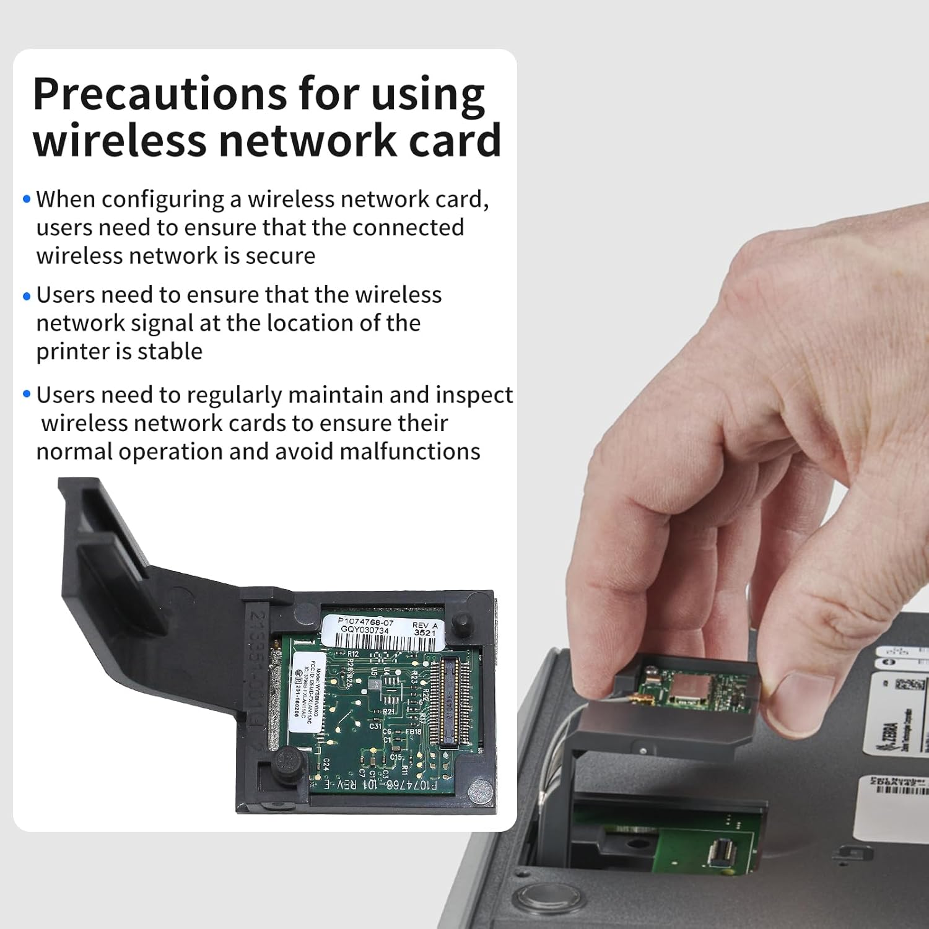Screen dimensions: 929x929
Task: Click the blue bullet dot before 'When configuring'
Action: [x=27, y=199]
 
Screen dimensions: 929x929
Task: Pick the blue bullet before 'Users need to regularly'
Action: [x=27, y=395]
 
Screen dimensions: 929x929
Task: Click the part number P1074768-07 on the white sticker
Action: [x=365, y=622]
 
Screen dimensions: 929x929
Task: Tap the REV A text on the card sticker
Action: [x=425, y=626]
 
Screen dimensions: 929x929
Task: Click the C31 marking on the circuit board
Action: [x=375, y=726]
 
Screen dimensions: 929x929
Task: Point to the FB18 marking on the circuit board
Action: [x=413, y=731]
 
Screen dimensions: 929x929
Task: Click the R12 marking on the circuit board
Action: [x=353, y=653]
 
